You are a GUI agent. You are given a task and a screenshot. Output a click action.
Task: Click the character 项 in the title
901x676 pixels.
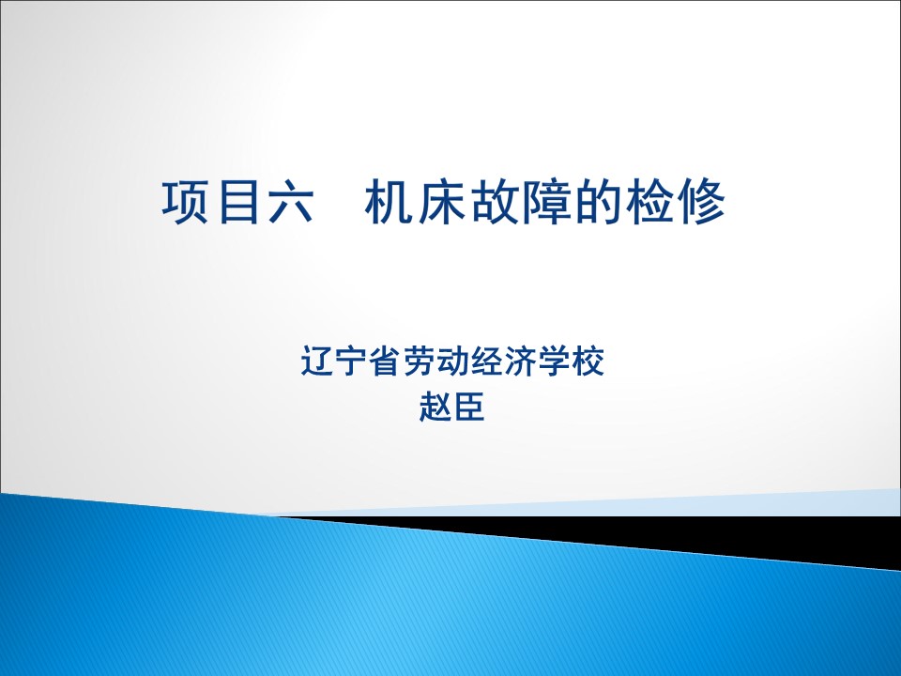click(x=185, y=202)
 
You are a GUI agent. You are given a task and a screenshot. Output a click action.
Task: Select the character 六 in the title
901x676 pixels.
click(x=290, y=202)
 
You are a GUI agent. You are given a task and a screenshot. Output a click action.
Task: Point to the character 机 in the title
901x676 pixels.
click(x=388, y=202)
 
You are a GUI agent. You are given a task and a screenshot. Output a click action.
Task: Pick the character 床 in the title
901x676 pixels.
click(x=441, y=202)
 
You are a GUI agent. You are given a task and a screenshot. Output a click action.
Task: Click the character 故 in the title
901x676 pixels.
click(x=494, y=202)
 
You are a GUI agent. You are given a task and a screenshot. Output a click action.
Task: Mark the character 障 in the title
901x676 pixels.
click(x=546, y=202)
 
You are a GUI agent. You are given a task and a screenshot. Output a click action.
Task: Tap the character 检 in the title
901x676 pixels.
click(x=649, y=202)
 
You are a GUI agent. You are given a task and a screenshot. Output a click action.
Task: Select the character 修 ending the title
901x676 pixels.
click(x=702, y=202)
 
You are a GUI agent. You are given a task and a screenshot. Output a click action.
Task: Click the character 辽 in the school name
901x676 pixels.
click(x=317, y=361)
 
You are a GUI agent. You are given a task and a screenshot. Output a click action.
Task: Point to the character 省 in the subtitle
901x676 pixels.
click(x=385, y=361)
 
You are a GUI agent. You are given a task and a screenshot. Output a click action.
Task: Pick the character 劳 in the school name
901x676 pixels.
click(x=419, y=361)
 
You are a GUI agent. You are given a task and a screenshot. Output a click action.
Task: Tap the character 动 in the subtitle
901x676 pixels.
click(x=452, y=361)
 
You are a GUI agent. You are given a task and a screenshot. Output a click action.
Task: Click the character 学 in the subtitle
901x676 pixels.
click(x=555, y=361)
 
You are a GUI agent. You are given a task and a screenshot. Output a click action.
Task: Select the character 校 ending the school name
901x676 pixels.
click(x=588, y=361)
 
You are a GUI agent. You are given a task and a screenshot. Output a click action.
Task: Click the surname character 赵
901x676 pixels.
click(x=435, y=407)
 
